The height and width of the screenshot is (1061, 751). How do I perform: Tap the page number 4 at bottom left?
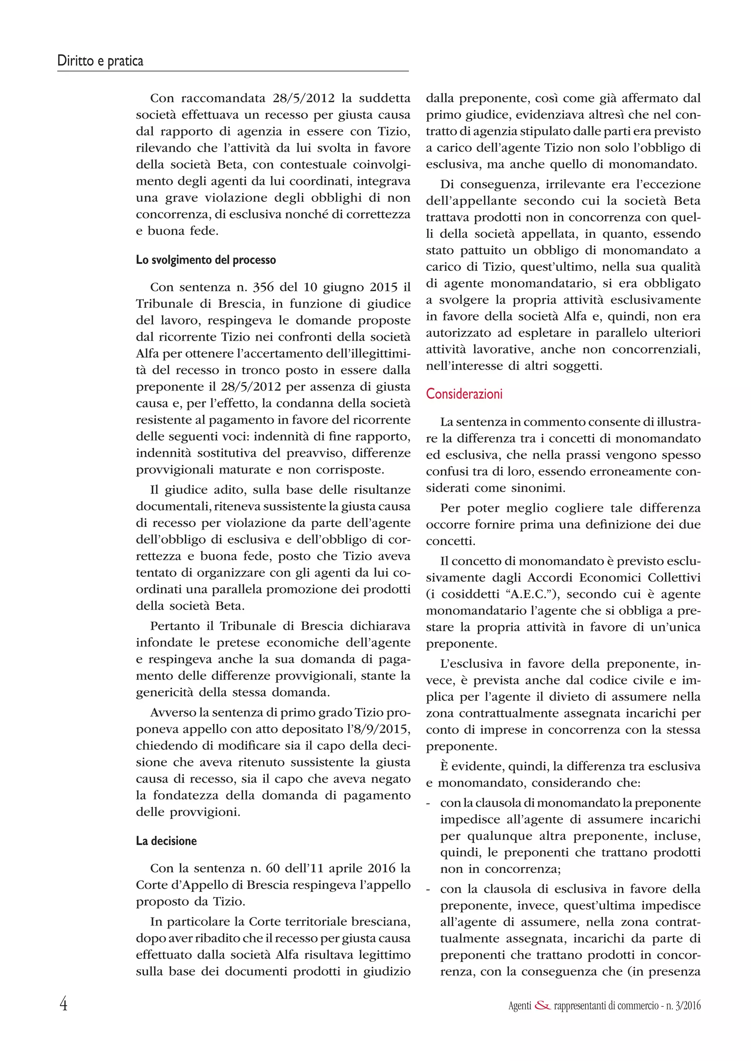[63, 1004]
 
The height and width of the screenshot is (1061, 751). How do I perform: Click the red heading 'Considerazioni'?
[464, 394]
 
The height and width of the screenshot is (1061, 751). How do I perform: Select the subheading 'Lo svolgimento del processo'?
[206, 260]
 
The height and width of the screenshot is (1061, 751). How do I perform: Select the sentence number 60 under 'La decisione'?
[272, 868]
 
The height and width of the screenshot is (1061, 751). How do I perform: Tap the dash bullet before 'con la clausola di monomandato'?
[429, 803]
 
